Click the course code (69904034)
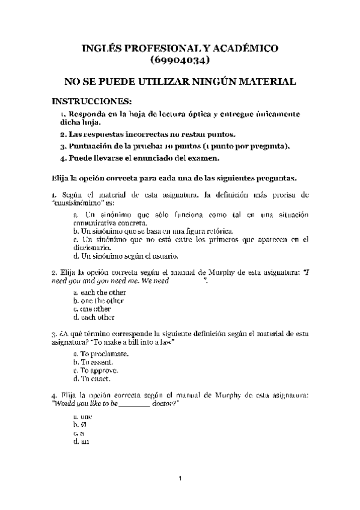[180, 60]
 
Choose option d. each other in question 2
[94, 317]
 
